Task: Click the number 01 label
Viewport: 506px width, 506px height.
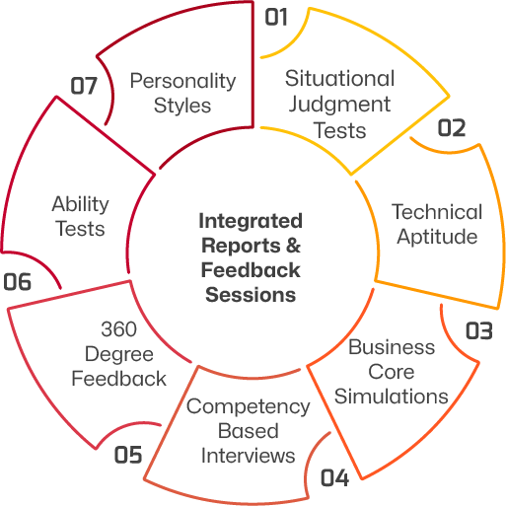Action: pyautogui.click(x=276, y=17)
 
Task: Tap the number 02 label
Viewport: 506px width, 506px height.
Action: pyautogui.click(x=452, y=128)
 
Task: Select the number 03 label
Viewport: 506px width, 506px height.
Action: pyautogui.click(x=479, y=330)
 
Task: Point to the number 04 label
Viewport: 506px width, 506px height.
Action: pyautogui.click(x=334, y=477)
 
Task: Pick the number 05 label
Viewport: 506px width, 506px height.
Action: pyautogui.click(x=128, y=455)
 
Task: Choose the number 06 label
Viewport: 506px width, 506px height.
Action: pyautogui.click(x=18, y=282)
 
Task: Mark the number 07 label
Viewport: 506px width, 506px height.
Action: pyautogui.click(x=84, y=86)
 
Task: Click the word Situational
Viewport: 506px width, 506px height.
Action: pyautogui.click(x=340, y=79)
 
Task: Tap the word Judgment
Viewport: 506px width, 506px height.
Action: pyautogui.click(x=339, y=106)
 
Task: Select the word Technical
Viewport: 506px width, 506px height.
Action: pyautogui.click(x=437, y=212)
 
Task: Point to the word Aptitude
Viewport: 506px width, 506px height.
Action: pyautogui.click(x=437, y=238)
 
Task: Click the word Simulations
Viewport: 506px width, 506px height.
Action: pyautogui.click(x=392, y=397)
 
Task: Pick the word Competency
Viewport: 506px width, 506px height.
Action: pyautogui.click(x=249, y=407)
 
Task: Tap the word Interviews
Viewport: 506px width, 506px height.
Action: pyautogui.click(x=249, y=456)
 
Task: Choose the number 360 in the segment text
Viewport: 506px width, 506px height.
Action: pyautogui.click(x=118, y=329)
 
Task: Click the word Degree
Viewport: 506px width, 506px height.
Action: pyautogui.click(x=119, y=355)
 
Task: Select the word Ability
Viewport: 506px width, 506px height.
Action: pyautogui.click(x=80, y=205)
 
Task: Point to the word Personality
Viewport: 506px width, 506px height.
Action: pyautogui.click(x=182, y=82)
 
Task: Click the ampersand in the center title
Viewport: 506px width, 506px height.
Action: pyautogui.click(x=293, y=246)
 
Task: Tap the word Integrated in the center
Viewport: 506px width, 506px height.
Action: pyautogui.click(x=251, y=222)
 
